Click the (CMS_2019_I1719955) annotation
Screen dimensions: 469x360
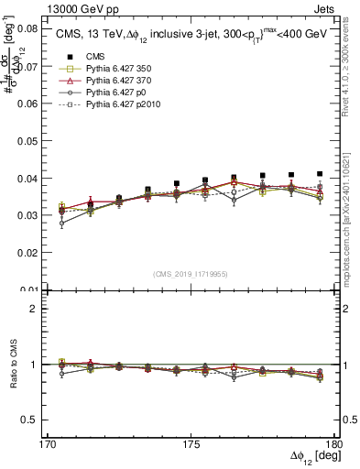(x=191, y=273)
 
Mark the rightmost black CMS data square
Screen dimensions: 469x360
(x=320, y=173)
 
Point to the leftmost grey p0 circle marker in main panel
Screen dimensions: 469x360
(x=61, y=223)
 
